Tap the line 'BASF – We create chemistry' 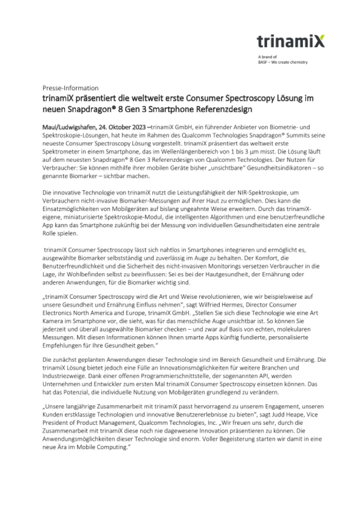click(282, 62)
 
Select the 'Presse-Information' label click(70, 88)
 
